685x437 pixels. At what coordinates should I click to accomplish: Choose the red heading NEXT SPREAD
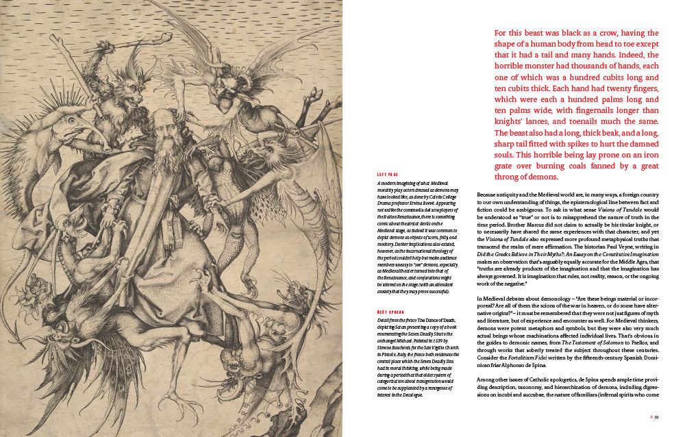389,311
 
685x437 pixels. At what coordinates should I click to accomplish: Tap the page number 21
656,416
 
